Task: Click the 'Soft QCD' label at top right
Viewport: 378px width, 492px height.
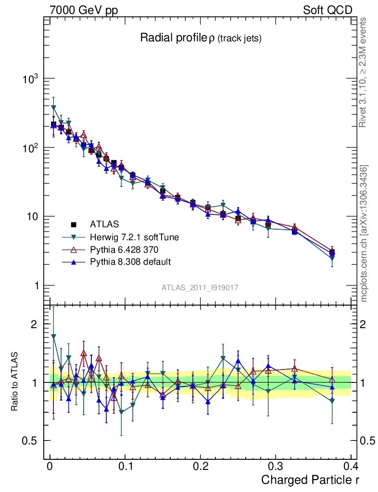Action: [328, 10]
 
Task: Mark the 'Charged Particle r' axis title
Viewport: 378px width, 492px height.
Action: [310, 480]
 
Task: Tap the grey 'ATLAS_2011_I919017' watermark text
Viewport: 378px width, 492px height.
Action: [200, 287]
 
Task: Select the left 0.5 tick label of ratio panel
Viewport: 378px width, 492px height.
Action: [34, 441]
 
